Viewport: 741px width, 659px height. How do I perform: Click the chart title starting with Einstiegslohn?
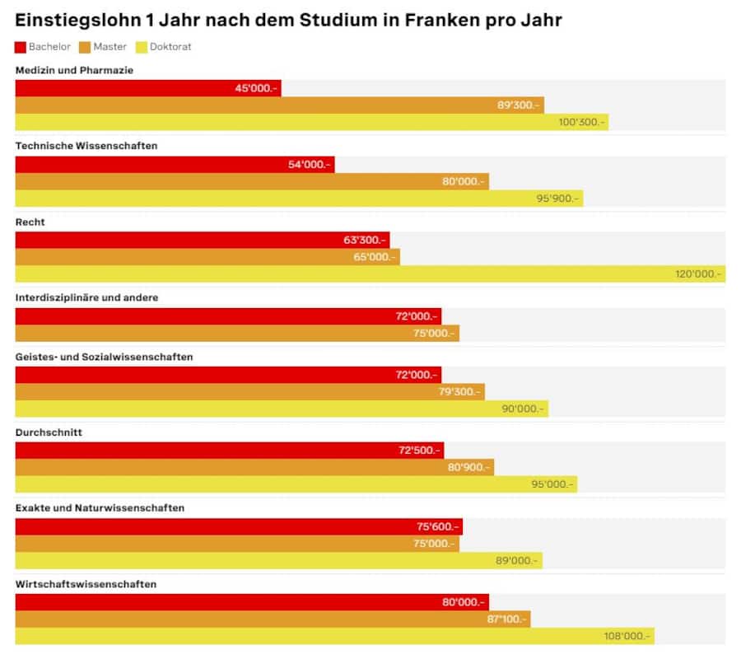[288, 20]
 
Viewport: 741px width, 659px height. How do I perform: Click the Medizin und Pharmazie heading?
[74, 71]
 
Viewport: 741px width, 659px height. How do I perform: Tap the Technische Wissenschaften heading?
[86, 146]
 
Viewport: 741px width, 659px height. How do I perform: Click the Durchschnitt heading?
[49, 432]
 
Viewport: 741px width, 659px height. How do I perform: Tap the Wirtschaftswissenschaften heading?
[86, 584]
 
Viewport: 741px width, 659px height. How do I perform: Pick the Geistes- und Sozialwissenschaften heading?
[104, 357]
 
